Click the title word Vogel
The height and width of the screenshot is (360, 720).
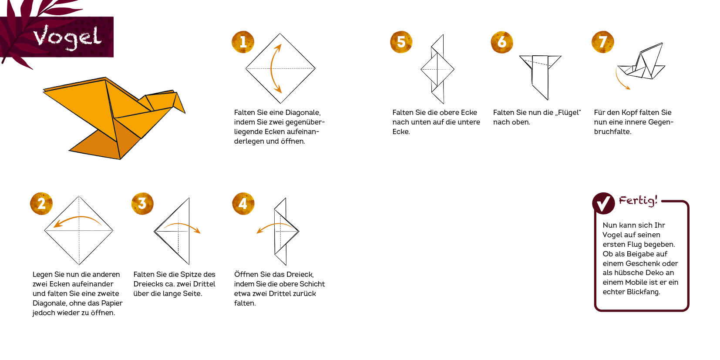coord(67,37)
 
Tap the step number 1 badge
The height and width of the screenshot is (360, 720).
coord(242,42)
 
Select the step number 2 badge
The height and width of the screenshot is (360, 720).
coord(41,203)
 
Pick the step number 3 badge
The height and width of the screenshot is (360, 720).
coord(142,203)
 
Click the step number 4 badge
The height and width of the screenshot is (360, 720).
coord(243,203)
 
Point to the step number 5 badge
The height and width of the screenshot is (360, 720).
coord(401,42)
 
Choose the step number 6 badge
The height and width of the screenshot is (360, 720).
coord(502,42)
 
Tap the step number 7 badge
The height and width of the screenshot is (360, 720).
coord(602,42)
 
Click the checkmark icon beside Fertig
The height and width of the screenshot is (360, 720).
coord(603,203)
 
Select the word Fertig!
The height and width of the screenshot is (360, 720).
coord(638,201)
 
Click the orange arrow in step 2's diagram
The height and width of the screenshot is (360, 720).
coord(78,218)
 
